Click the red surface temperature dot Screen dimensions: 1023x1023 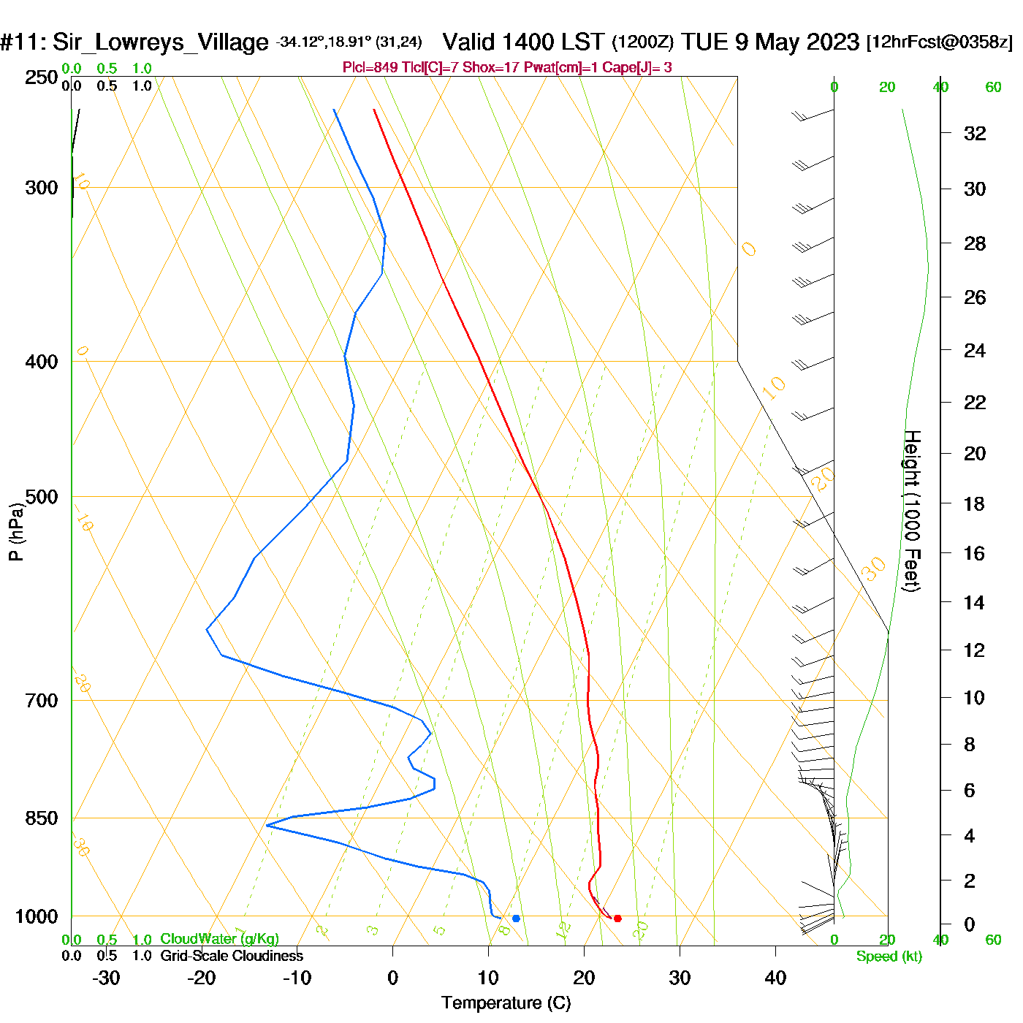(x=617, y=919)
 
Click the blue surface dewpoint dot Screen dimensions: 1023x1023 (x=516, y=919)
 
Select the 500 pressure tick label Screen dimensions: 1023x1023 (x=42, y=497)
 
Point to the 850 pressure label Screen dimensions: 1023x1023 (x=42, y=818)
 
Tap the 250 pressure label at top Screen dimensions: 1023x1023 (x=42, y=77)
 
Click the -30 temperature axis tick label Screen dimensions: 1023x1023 (x=106, y=978)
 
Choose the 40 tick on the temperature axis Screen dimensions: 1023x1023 (x=775, y=978)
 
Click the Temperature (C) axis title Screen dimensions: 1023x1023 (x=506, y=1003)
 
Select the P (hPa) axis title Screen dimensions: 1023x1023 (x=16, y=532)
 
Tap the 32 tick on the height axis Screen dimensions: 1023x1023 (x=975, y=133)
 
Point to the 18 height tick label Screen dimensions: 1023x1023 (x=974, y=503)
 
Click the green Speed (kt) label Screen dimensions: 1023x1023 (x=889, y=957)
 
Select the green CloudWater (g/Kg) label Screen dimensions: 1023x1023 (x=219, y=939)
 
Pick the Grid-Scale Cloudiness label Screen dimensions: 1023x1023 (x=232, y=956)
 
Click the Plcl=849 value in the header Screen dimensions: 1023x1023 (x=370, y=68)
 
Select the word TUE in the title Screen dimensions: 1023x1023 (x=705, y=42)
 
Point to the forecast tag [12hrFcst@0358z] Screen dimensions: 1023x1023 (x=939, y=42)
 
